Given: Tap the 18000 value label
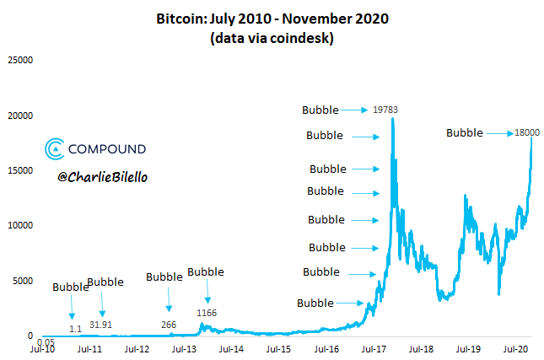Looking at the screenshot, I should pyautogui.click(x=527, y=132).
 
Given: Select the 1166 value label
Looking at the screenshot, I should pyautogui.click(x=207, y=314).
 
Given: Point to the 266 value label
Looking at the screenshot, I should pyautogui.click(x=169, y=325).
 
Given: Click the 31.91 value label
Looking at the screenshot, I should pyautogui.click(x=103, y=325).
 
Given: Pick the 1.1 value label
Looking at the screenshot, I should pyautogui.click(x=75, y=328).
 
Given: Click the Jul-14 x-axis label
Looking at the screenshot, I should pyautogui.click(x=232, y=347).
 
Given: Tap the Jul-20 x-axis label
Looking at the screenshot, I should pyautogui.click(x=515, y=347).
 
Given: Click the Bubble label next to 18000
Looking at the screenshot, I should pyautogui.click(x=465, y=132).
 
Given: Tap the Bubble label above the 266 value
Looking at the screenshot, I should pyautogui.click(x=164, y=277).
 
